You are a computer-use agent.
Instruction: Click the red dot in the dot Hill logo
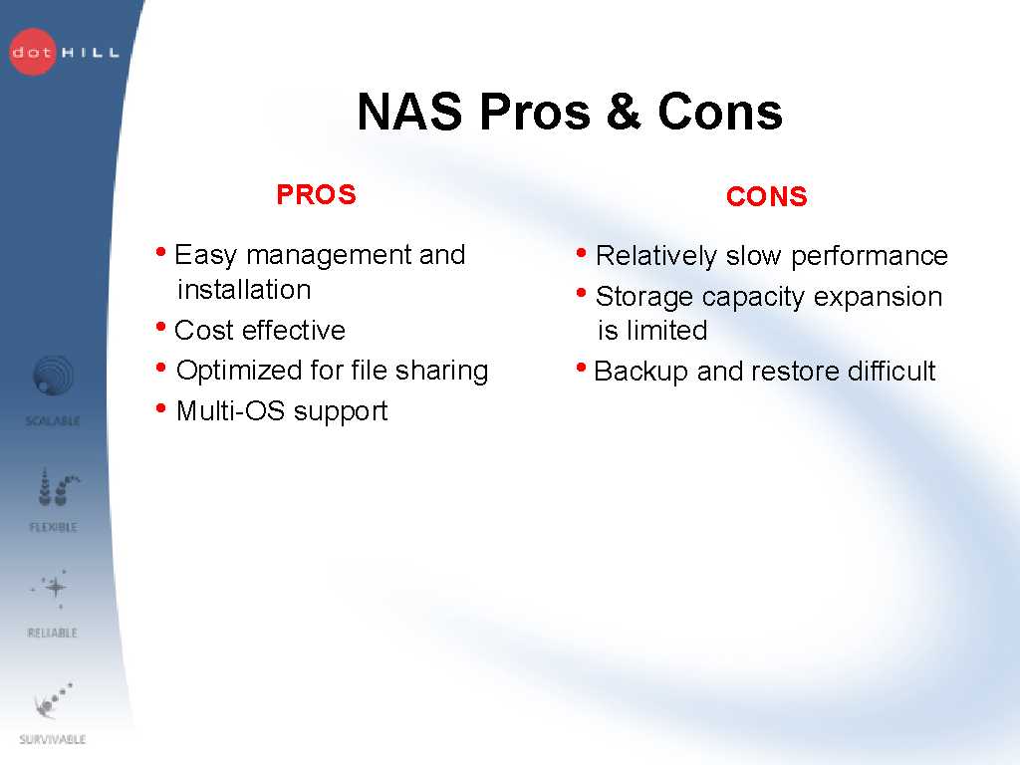click(x=33, y=52)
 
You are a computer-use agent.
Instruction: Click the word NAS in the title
click(x=409, y=112)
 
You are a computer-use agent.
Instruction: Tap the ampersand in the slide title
click(x=624, y=112)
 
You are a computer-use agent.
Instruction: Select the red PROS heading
click(x=316, y=194)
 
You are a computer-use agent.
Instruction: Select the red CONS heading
click(x=766, y=196)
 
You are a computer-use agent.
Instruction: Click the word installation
click(x=244, y=290)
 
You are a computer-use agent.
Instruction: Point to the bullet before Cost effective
click(x=160, y=326)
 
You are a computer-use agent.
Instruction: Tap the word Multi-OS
click(x=230, y=411)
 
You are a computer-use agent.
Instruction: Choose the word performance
click(x=869, y=256)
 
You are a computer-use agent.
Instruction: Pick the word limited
click(x=666, y=331)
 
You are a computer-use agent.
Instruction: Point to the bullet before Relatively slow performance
click(x=582, y=252)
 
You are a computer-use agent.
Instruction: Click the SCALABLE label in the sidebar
click(x=53, y=421)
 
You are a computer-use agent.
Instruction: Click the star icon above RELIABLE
click(x=55, y=588)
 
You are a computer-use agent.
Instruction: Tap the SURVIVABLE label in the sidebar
click(x=52, y=739)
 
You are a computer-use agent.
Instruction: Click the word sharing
click(x=441, y=371)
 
